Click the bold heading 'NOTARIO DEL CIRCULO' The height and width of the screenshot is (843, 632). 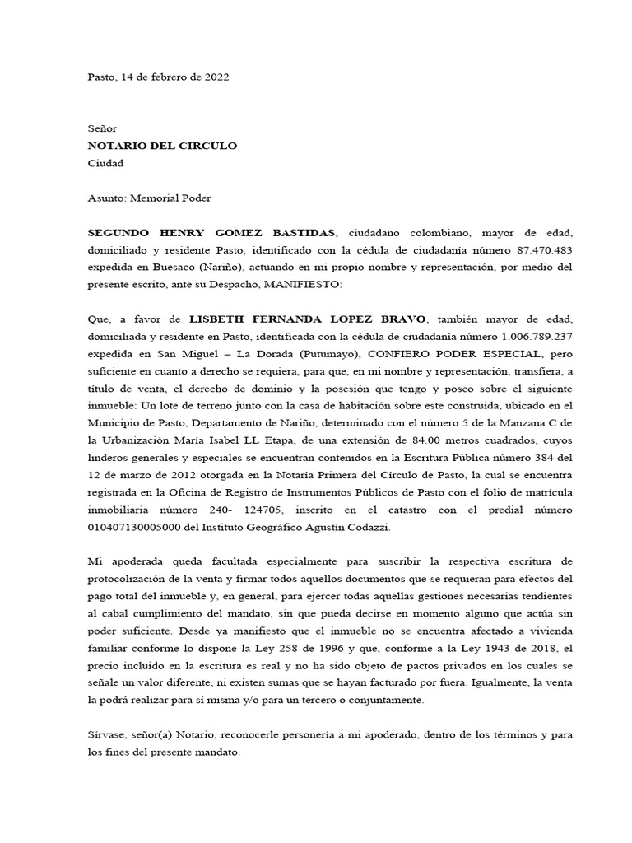click(x=162, y=146)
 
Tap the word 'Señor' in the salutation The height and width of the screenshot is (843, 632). click(x=103, y=128)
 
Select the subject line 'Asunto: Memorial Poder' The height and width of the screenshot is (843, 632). click(x=149, y=198)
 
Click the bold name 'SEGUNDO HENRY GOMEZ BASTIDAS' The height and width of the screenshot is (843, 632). click(x=211, y=233)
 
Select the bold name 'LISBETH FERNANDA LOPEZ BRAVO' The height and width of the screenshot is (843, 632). click(x=309, y=319)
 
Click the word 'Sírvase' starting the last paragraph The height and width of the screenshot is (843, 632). click(x=107, y=734)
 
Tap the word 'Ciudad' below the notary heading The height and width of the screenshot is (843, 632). click(x=105, y=163)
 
